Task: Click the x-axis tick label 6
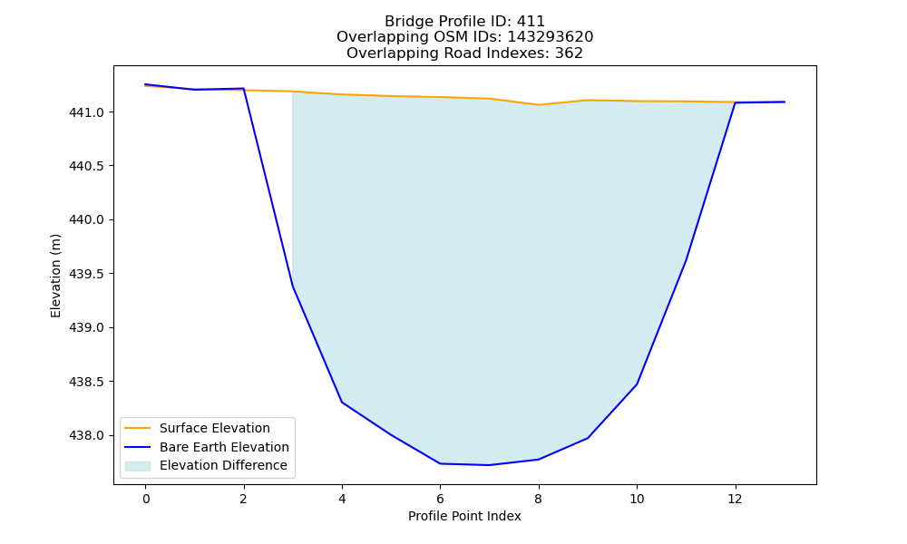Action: (440, 499)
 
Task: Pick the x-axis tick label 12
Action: (735, 499)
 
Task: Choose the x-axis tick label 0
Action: (146, 499)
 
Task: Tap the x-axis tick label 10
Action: (637, 499)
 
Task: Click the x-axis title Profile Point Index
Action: (464, 516)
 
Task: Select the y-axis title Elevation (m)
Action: (55, 276)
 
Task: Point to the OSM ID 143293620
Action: (551, 37)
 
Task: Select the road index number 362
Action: (569, 53)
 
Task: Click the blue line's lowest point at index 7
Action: (490, 465)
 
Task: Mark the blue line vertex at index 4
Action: (342, 402)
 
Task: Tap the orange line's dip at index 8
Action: (539, 104)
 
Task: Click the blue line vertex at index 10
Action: (637, 384)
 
